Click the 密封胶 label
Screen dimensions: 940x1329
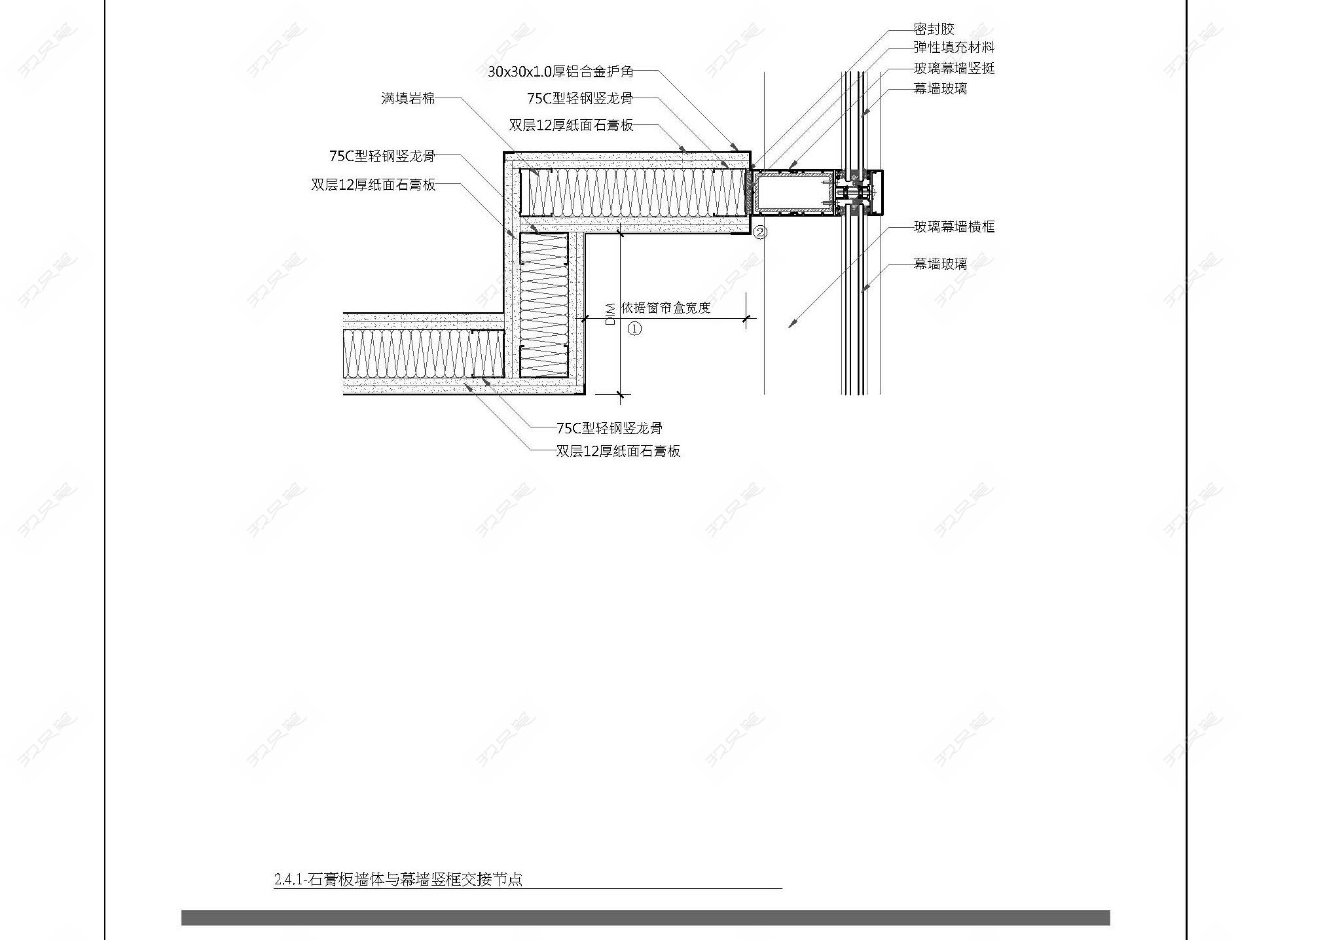(x=934, y=29)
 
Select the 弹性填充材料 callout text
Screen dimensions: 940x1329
(x=954, y=48)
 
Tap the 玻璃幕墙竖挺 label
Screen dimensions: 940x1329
(x=954, y=69)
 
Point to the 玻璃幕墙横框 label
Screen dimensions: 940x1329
(x=954, y=227)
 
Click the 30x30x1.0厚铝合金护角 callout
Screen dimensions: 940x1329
(x=560, y=72)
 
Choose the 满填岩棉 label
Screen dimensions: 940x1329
(x=408, y=99)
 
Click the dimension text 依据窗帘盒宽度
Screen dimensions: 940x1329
(x=666, y=308)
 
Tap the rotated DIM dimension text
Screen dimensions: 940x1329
(x=610, y=314)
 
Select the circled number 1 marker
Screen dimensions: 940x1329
(x=634, y=329)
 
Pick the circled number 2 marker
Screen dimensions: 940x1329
(x=760, y=232)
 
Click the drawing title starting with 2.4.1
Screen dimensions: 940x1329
(x=398, y=879)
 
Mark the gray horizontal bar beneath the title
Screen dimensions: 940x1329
(x=646, y=917)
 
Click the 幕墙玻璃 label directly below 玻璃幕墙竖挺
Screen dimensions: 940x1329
(x=940, y=88)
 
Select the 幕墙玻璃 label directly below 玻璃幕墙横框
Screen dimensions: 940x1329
(x=940, y=264)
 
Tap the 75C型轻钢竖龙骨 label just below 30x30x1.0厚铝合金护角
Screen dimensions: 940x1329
(x=580, y=99)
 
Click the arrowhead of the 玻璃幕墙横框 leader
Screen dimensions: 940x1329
(x=791, y=325)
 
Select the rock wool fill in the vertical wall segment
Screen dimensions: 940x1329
(x=543, y=305)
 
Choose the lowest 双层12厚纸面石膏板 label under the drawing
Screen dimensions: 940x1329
(x=618, y=451)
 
